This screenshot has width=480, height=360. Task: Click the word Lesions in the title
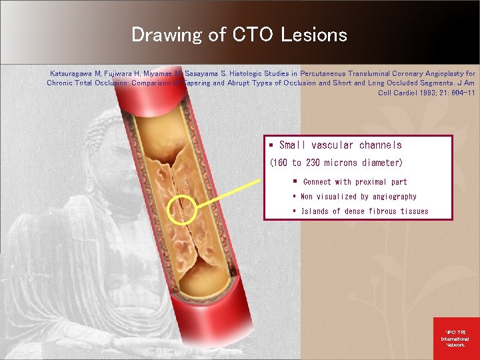pos(318,35)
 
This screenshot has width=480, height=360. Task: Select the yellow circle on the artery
pos(181,210)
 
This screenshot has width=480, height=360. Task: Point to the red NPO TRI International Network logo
pos(456,339)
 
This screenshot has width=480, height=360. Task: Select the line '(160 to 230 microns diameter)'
pos(336,163)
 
